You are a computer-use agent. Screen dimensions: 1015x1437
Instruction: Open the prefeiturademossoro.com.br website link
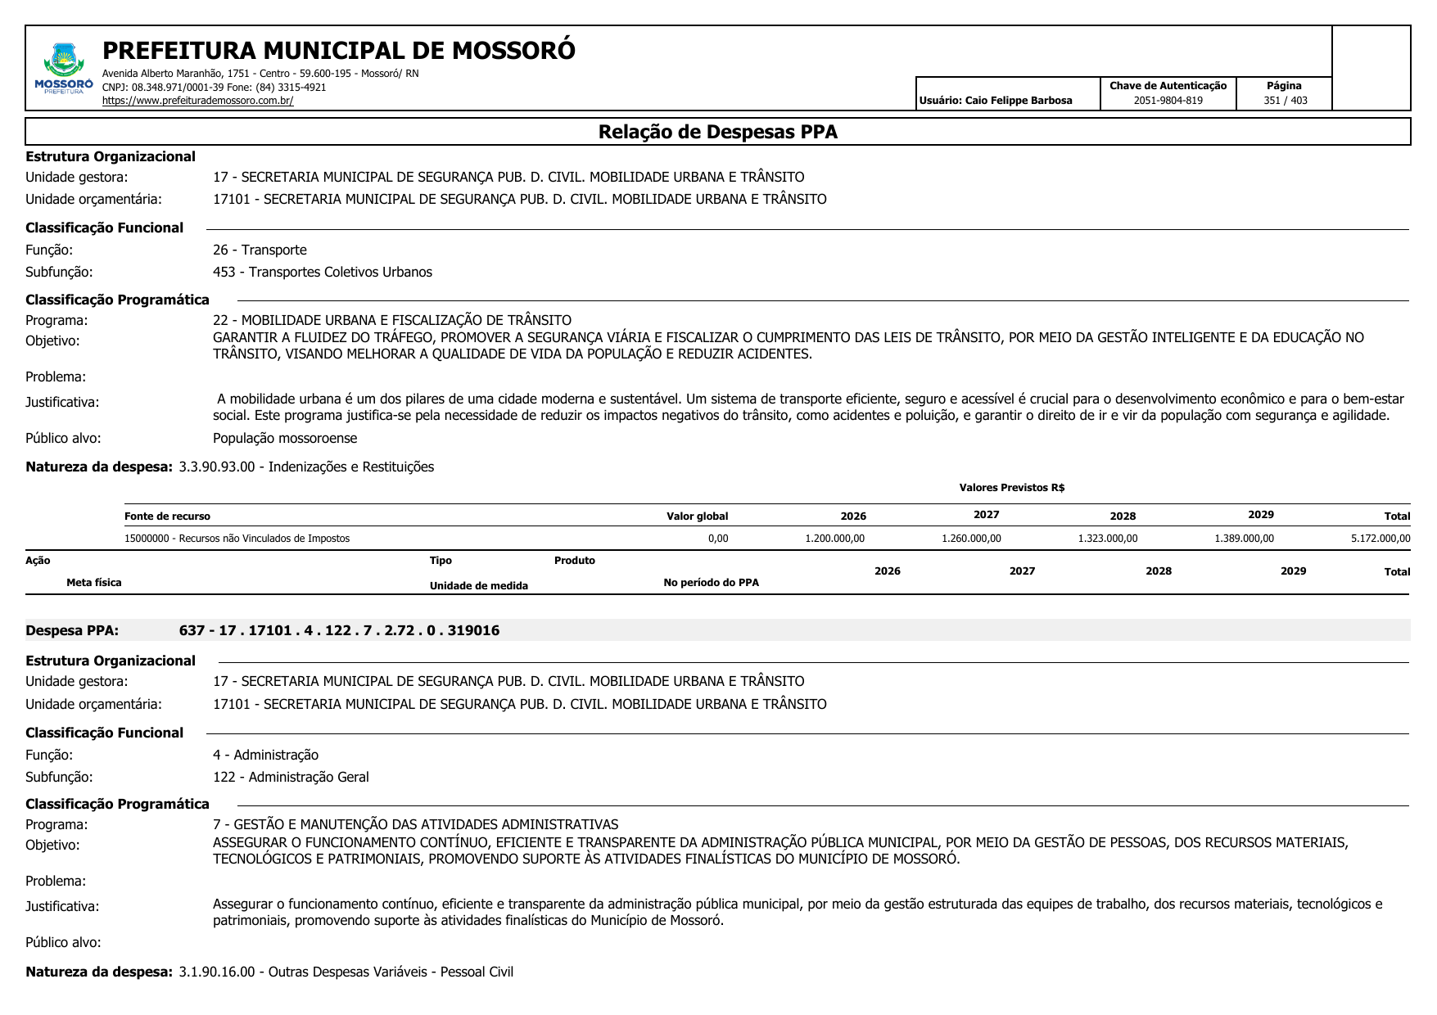(x=197, y=101)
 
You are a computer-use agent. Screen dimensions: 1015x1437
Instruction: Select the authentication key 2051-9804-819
(x=1168, y=101)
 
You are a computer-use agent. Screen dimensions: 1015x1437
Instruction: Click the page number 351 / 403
(x=1285, y=101)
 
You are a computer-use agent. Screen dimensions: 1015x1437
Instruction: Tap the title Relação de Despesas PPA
(x=717, y=132)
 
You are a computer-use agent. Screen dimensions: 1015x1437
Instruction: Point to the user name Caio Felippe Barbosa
(x=995, y=101)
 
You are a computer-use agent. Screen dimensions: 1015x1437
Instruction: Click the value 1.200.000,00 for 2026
(x=834, y=539)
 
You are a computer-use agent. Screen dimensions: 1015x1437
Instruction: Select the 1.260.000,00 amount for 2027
(x=971, y=539)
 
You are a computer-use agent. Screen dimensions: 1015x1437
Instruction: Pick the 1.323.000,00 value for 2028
(x=1107, y=539)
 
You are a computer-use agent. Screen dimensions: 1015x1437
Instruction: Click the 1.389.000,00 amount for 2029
(x=1244, y=539)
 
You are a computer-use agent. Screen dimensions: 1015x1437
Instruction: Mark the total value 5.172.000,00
(x=1381, y=539)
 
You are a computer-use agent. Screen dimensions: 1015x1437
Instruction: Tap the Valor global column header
(x=697, y=517)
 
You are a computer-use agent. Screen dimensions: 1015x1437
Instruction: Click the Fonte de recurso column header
(x=167, y=517)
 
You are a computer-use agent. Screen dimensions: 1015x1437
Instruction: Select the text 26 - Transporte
(x=260, y=250)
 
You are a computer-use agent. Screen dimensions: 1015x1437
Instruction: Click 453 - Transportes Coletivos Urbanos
(x=322, y=272)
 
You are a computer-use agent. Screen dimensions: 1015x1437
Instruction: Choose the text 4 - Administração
(x=265, y=755)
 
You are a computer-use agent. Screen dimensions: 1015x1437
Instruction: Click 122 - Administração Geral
(x=291, y=777)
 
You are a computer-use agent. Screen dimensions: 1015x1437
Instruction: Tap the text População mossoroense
(x=285, y=438)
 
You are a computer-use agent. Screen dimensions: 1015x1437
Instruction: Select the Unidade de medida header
(x=478, y=586)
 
